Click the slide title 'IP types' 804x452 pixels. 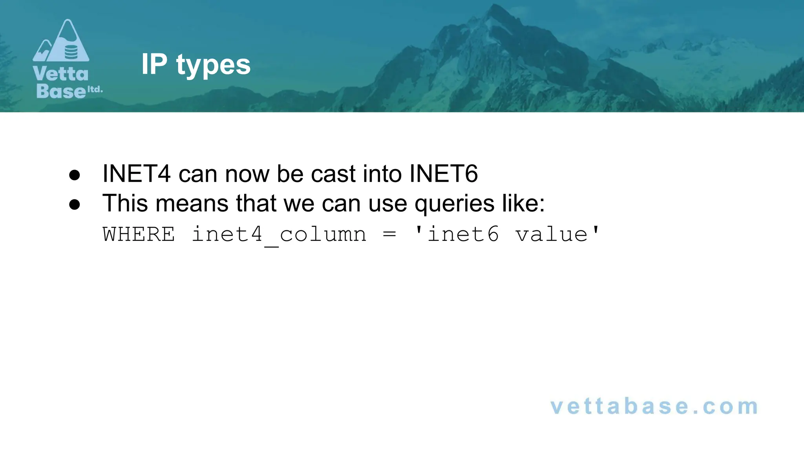coord(196,65)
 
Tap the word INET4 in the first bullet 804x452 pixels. coord(136,173)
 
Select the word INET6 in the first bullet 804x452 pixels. coord(443,173)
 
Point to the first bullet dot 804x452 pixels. coord(75,175)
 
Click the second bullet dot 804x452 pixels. coord(75,204)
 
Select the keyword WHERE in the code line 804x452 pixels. coord(139,235)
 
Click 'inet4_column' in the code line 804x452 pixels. coord(279,235)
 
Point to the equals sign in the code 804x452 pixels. coord(389,235)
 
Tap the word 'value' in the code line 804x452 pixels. coord(551,235)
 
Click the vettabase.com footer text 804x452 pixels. coord(654,406)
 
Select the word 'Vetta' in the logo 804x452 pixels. coord(60,74)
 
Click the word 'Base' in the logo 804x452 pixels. coord(61,91)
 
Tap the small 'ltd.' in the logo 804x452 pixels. coord(95,89)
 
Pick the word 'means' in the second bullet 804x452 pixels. coord(192,203)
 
